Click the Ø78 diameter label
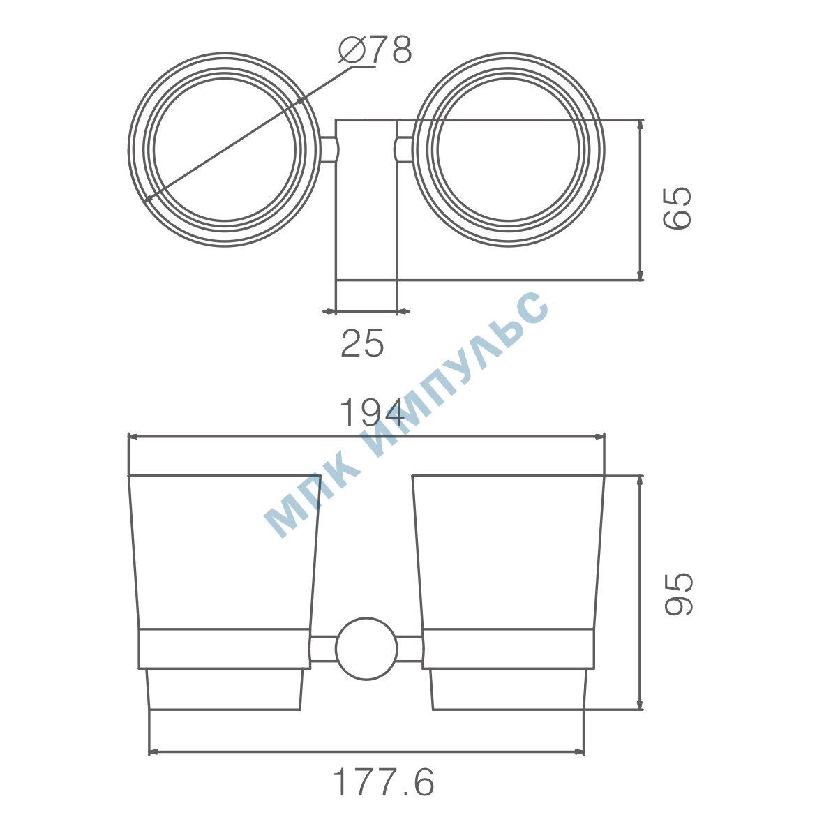pyautogui.click(x=375, y=50)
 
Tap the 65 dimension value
pyautogui.click(x=677, y=208)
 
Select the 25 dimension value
pyautogui.click(x=363, y=343)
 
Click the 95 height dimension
pyautogui.click(x=678, y=594)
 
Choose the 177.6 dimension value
pyautogui.click(x=384, y=783)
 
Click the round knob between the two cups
pyautogui.click(x=366, y=648)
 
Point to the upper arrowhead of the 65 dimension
pyautogui.click(x=640, y=126)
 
